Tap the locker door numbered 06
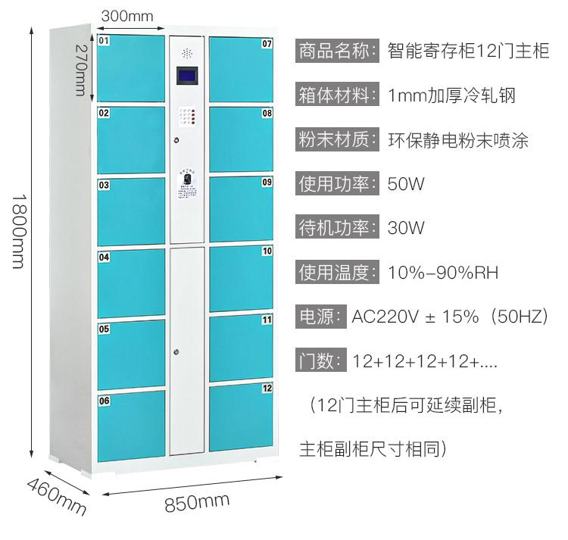click(130, 426)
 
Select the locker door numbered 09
click(241, 210)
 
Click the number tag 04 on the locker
click(105, 258)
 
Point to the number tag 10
click(267, 251)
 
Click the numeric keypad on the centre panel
click(187, 117)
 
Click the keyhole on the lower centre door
click(176, 351)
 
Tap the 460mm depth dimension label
click(57, 495)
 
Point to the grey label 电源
click(319, 316)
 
